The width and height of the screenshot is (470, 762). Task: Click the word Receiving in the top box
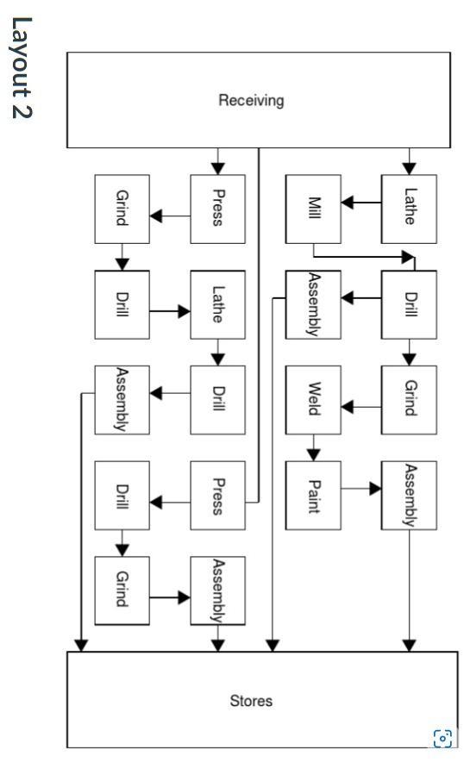click(x=251, y=101)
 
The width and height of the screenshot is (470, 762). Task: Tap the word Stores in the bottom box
click(x=251, y=700)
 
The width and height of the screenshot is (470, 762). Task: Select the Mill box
click(x=314, y=209)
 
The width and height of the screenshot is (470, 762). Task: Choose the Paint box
click(x=314, y=495)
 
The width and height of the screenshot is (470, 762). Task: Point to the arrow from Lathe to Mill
click(x=361, y=204)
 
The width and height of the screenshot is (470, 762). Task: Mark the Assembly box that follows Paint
click(x=410, y=495)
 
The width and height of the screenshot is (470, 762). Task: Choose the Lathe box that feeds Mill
click(x=410, y=209)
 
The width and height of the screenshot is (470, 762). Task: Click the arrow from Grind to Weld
click(x=361, y=405)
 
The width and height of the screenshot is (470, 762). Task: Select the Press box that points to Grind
click(x=217, y=209)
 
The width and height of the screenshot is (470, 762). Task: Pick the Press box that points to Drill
click(x=217, y=495)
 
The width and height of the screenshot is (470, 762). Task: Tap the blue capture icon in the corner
click(x=442, y=737)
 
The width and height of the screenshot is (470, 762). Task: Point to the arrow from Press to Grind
click(x=170, y=215)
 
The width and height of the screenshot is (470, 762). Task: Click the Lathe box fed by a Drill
click(x=217, y=304)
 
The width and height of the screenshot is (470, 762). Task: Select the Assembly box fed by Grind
click(x=217, y=590)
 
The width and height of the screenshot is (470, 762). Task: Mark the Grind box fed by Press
click(x=122, y=209)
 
